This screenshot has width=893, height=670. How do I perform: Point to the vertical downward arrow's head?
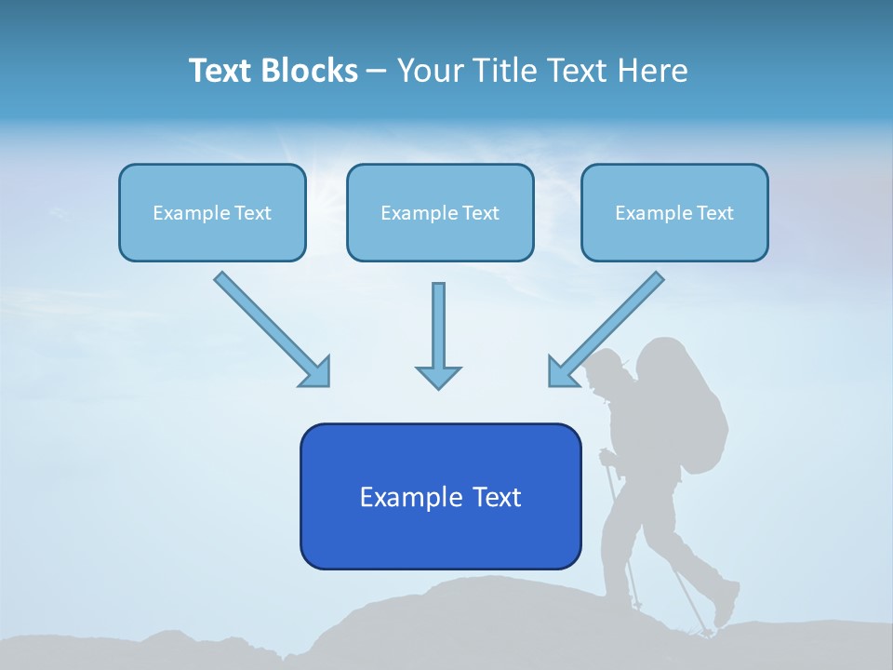(438, 376)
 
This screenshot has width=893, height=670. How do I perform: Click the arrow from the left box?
(271, 328)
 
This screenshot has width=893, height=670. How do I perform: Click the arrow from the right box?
(606, 328)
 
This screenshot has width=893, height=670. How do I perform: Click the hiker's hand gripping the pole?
(606, 457)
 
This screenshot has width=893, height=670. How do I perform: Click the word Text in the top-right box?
(714, 213)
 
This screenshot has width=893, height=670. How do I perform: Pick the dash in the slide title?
(377, 71)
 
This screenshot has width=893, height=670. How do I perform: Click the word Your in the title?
(427, 71)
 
